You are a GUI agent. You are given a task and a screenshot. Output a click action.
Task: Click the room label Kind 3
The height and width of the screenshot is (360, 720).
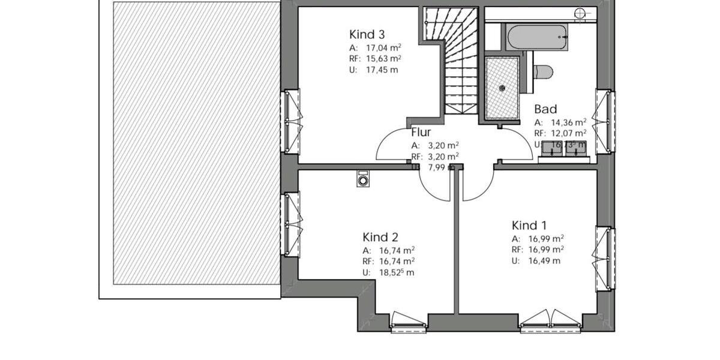367,34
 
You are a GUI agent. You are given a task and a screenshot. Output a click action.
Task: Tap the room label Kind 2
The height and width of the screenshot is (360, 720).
380,237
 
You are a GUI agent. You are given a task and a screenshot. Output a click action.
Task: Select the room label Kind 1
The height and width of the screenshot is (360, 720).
529,226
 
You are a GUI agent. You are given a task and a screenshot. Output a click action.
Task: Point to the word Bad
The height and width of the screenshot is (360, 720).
545,109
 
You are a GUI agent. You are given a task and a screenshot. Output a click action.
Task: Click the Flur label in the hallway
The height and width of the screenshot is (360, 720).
421,133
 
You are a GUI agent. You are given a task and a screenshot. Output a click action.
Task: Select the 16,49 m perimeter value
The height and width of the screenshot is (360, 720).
544,260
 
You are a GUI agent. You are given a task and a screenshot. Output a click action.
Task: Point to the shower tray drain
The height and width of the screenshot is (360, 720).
502,88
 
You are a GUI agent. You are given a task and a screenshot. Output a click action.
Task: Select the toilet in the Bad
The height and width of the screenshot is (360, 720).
542,72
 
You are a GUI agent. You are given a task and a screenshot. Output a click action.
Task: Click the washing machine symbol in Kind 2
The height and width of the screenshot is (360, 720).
362,179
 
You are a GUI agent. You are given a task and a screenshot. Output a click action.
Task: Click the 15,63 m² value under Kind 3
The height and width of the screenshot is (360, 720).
383,59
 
